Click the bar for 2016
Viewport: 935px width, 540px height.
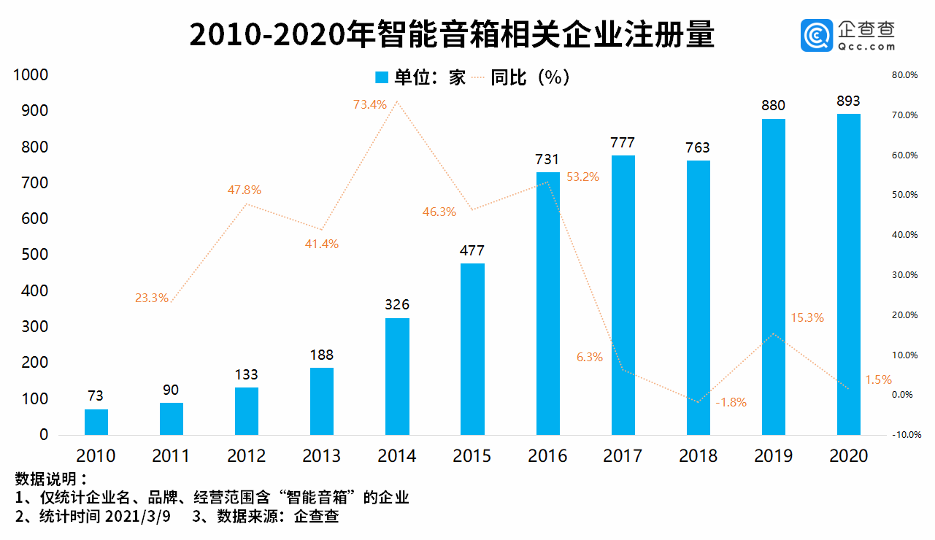[547, 303]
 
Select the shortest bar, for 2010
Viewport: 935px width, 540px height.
[96, 422]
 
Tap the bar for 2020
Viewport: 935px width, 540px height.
[848, 274]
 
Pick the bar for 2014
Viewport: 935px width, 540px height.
[397, 376]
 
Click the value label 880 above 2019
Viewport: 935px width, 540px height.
[773, 106]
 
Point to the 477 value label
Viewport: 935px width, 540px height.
[472, 250]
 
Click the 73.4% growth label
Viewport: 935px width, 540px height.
[370, 104]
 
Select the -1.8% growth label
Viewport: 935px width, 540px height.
[731, 403]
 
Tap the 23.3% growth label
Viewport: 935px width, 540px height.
[152, 298]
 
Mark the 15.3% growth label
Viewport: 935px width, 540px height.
[807, 317]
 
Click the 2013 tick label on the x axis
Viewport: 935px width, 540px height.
[321, 456]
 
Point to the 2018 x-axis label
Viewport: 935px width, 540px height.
[698, 456]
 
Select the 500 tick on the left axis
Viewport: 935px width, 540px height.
[32, 255]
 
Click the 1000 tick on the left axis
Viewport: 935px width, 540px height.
[29, 75]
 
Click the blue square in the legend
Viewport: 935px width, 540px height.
[381, 77]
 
